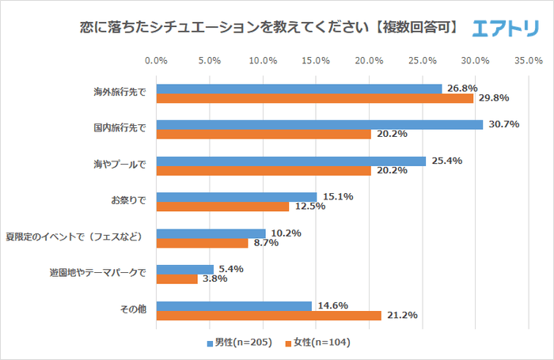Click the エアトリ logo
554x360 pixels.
[505, 28]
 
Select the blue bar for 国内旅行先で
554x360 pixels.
[319, 124]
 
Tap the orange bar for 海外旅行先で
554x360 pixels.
[314, 98]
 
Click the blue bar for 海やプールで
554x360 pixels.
[291, 161]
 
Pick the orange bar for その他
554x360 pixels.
[268, 315]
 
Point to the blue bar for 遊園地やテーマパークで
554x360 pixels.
[185, 269]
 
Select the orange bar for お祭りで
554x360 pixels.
[222, 207]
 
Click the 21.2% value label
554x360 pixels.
[400, 315]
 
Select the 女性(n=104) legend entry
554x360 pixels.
[321, 343]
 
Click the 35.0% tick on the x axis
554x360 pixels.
[528, 60]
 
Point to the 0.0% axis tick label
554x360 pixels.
[157, 60]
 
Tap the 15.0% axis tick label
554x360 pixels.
[316, 60]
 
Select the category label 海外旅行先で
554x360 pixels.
[120, 93]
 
